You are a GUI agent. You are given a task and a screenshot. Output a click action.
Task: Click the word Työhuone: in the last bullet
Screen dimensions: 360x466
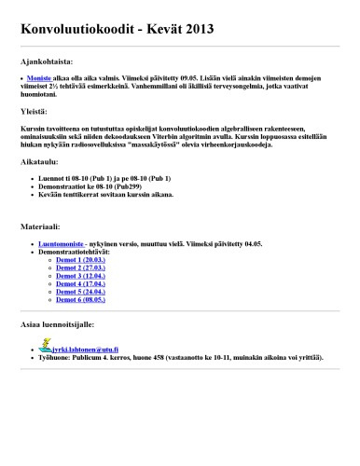point(56,356)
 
